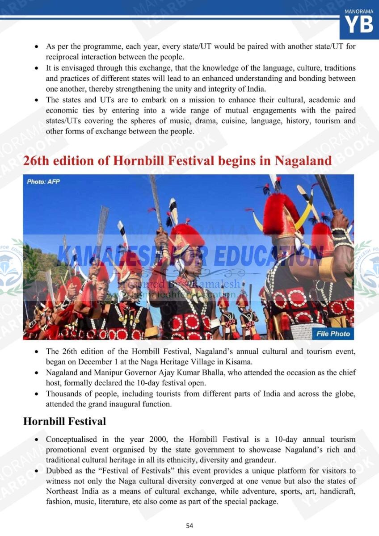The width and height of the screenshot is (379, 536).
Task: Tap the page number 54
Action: (189, 525)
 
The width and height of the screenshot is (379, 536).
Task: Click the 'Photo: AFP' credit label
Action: (43, 182)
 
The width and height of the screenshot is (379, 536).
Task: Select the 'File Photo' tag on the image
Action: (333, 334)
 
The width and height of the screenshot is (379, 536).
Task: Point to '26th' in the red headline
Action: (38, 161)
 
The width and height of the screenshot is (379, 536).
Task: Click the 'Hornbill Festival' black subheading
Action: (64, 421)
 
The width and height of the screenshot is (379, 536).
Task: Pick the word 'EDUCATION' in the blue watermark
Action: (268, 255)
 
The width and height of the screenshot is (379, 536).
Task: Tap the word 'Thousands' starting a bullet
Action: (66, 394)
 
